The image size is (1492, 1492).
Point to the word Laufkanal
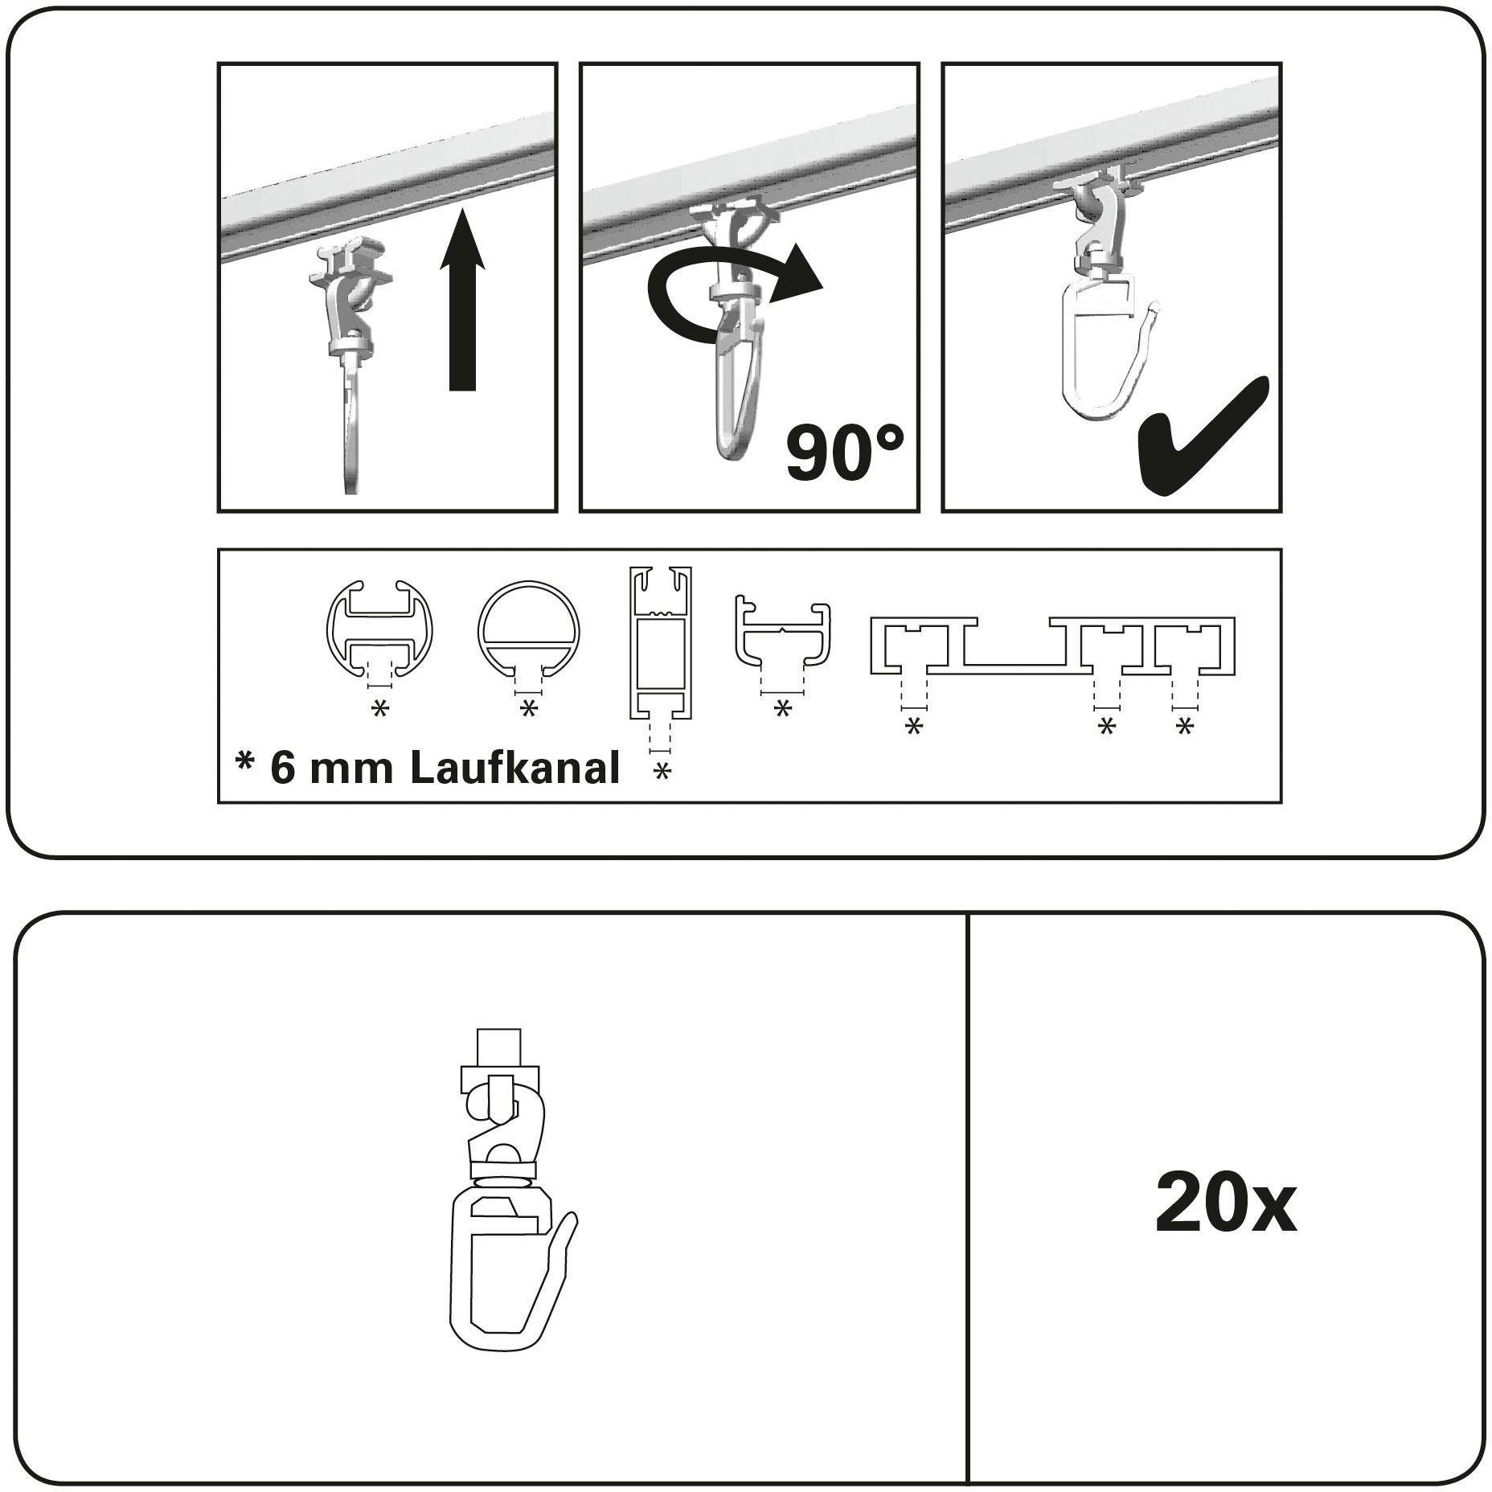[x=515, y=768]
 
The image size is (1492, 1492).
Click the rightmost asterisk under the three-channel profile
[x=1184, y=728]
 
